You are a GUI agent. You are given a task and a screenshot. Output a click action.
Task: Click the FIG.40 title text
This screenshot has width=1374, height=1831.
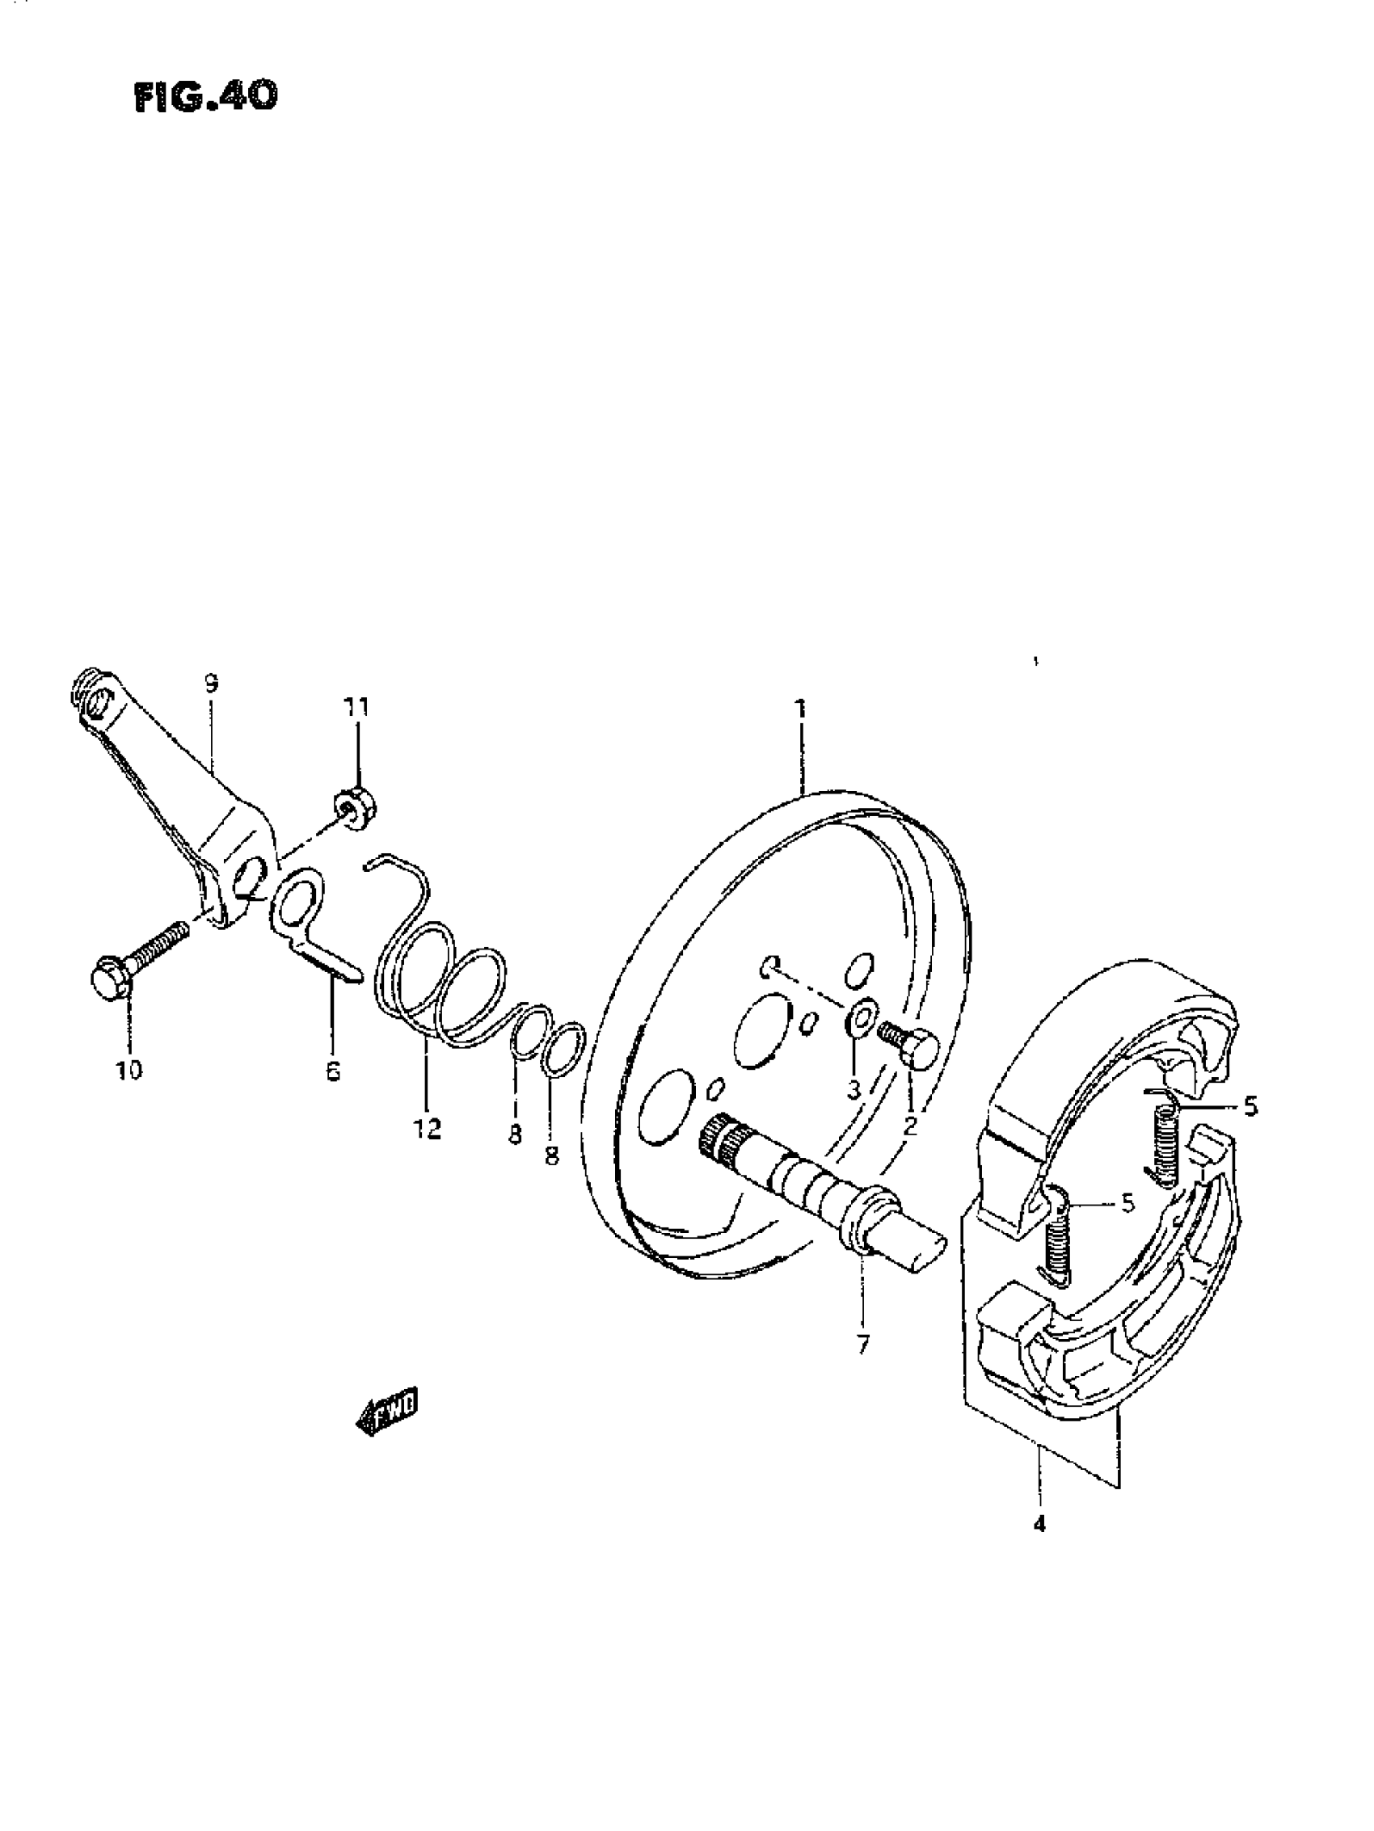(205, 97)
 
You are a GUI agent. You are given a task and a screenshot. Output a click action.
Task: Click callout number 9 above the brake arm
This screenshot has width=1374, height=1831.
(210, 684)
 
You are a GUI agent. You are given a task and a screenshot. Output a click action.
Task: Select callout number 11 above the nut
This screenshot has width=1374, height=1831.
(357, 708)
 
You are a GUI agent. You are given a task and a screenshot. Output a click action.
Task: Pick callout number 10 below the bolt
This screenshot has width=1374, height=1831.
(129, 1071)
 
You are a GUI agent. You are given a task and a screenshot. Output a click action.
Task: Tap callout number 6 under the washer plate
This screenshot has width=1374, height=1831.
(333, 1072)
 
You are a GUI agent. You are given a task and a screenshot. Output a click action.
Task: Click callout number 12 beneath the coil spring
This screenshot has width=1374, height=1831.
(428, 1128)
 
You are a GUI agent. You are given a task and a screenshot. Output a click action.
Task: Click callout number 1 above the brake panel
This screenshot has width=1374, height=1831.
(800, 709)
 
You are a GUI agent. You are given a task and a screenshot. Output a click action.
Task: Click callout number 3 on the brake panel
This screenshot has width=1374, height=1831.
(853, 1089)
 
